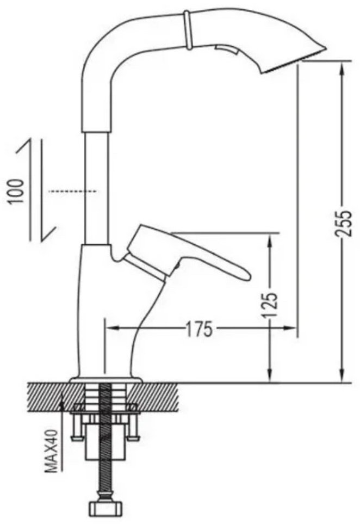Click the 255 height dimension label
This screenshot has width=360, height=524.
click(343, 223)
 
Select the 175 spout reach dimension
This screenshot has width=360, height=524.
click(199, 329)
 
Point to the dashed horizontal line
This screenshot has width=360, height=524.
click(72, 191)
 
